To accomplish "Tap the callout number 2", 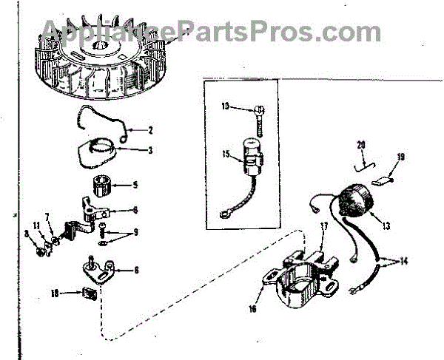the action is click(149, 131).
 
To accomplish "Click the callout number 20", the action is click(361, 144).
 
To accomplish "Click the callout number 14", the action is click(403, 260).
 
